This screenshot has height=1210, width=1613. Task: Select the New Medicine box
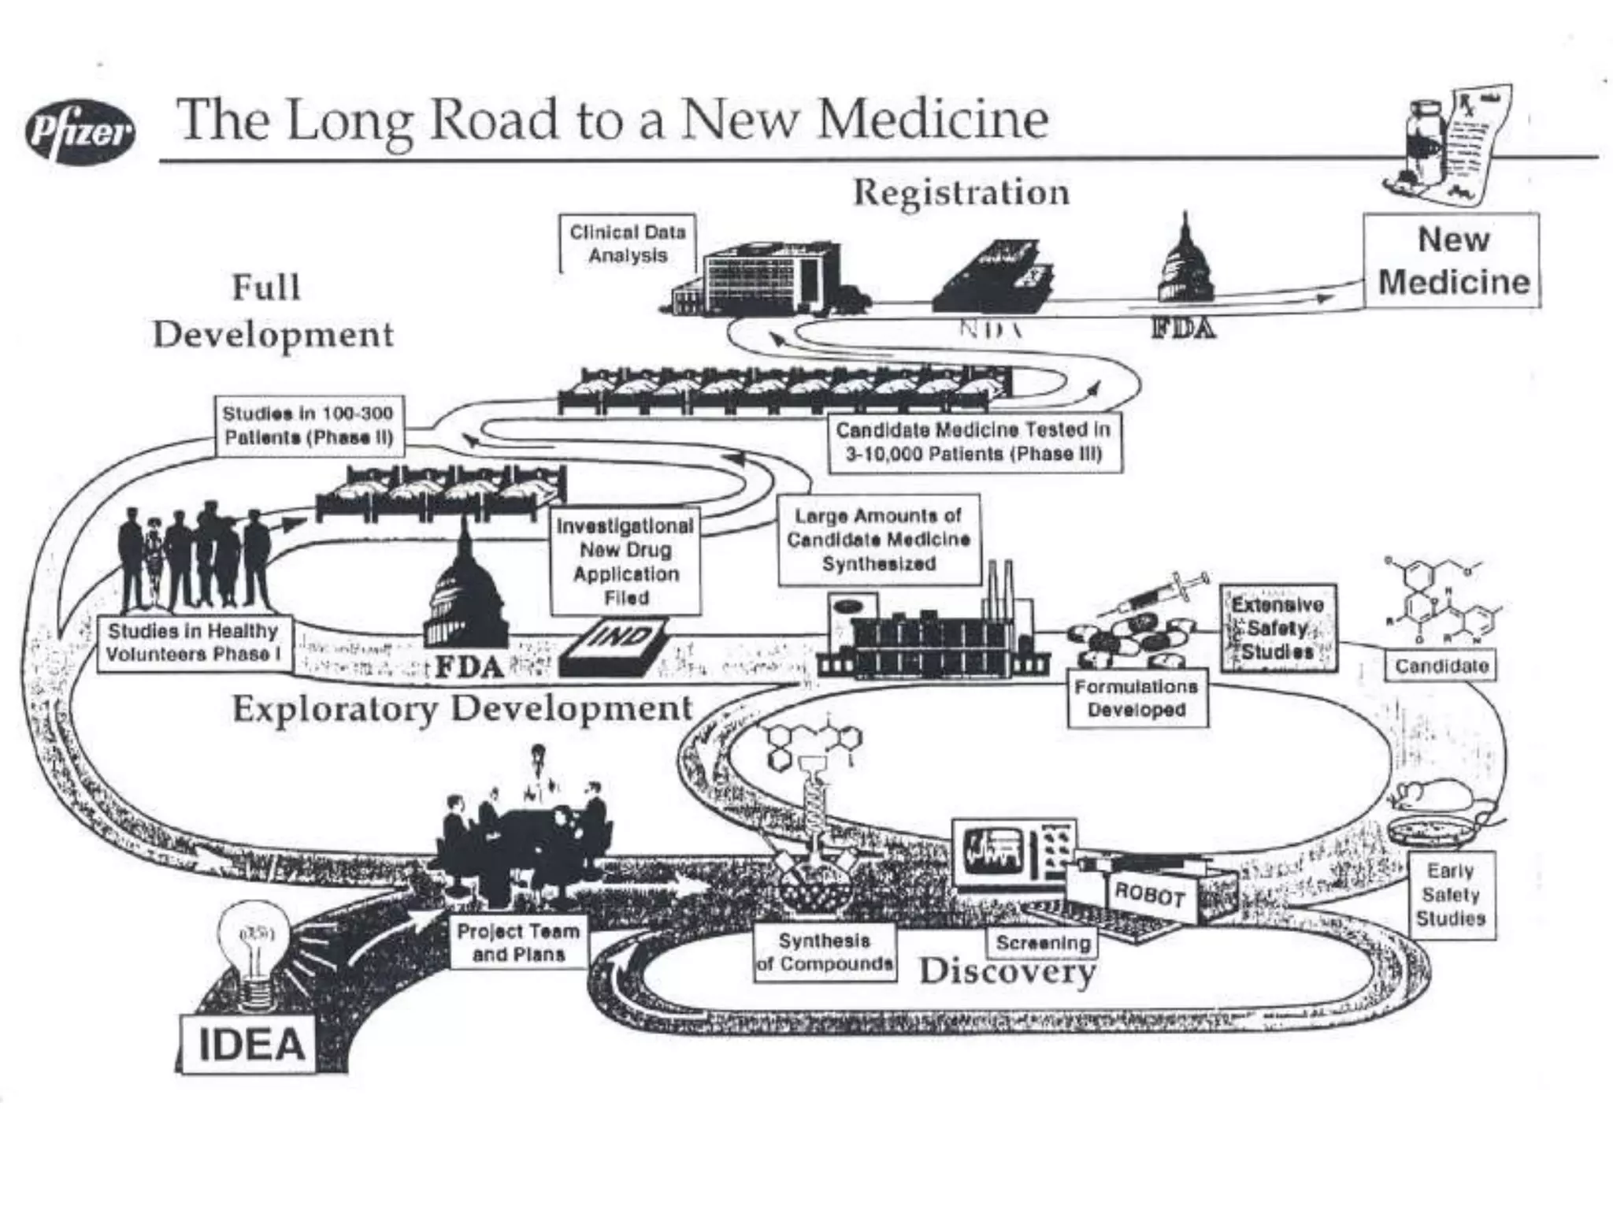1452,261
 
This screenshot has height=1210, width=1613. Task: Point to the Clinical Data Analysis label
628,243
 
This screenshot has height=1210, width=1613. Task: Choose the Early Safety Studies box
1450,895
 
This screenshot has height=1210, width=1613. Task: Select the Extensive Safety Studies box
1278,629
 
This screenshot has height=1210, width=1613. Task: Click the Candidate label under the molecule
1441,666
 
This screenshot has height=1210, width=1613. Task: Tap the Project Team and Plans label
517,942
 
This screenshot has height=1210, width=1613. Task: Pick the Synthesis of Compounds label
825,952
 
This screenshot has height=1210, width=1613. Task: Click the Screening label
1043,942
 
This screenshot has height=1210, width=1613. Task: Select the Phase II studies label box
310,425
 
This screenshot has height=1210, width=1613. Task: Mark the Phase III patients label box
973,441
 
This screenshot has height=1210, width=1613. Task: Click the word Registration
961,193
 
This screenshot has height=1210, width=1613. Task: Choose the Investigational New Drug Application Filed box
625,562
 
